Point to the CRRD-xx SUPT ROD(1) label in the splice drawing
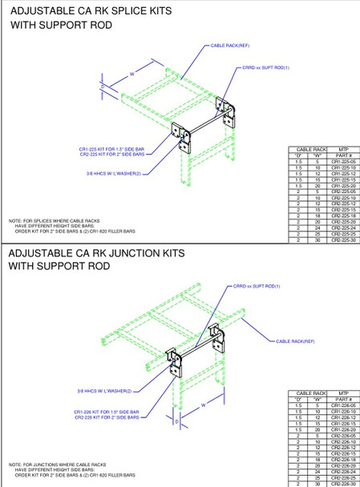(264, 69)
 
